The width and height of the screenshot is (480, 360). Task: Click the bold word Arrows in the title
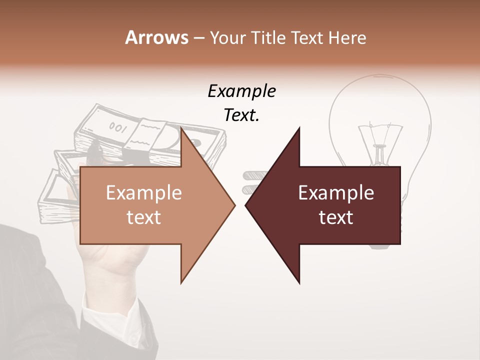pyautogui.click(x=156, y=37)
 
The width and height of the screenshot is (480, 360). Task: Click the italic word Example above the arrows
pyautogui.click(x=241, y=91)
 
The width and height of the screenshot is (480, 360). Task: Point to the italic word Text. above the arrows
pyautogui.click(x=241, y=115)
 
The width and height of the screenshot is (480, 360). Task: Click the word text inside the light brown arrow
pyautogui.click(x=143, y=217)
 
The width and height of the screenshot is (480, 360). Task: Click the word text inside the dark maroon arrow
pyautogui.click(x=336, y=217)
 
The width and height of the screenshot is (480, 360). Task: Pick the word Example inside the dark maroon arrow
pyautogui.click(x=336, y=193)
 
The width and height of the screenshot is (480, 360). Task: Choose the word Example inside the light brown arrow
pyautogui.click(x=143, y=193)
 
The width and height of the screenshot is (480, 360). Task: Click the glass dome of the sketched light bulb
pyautogui.click(x=380, y=100)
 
